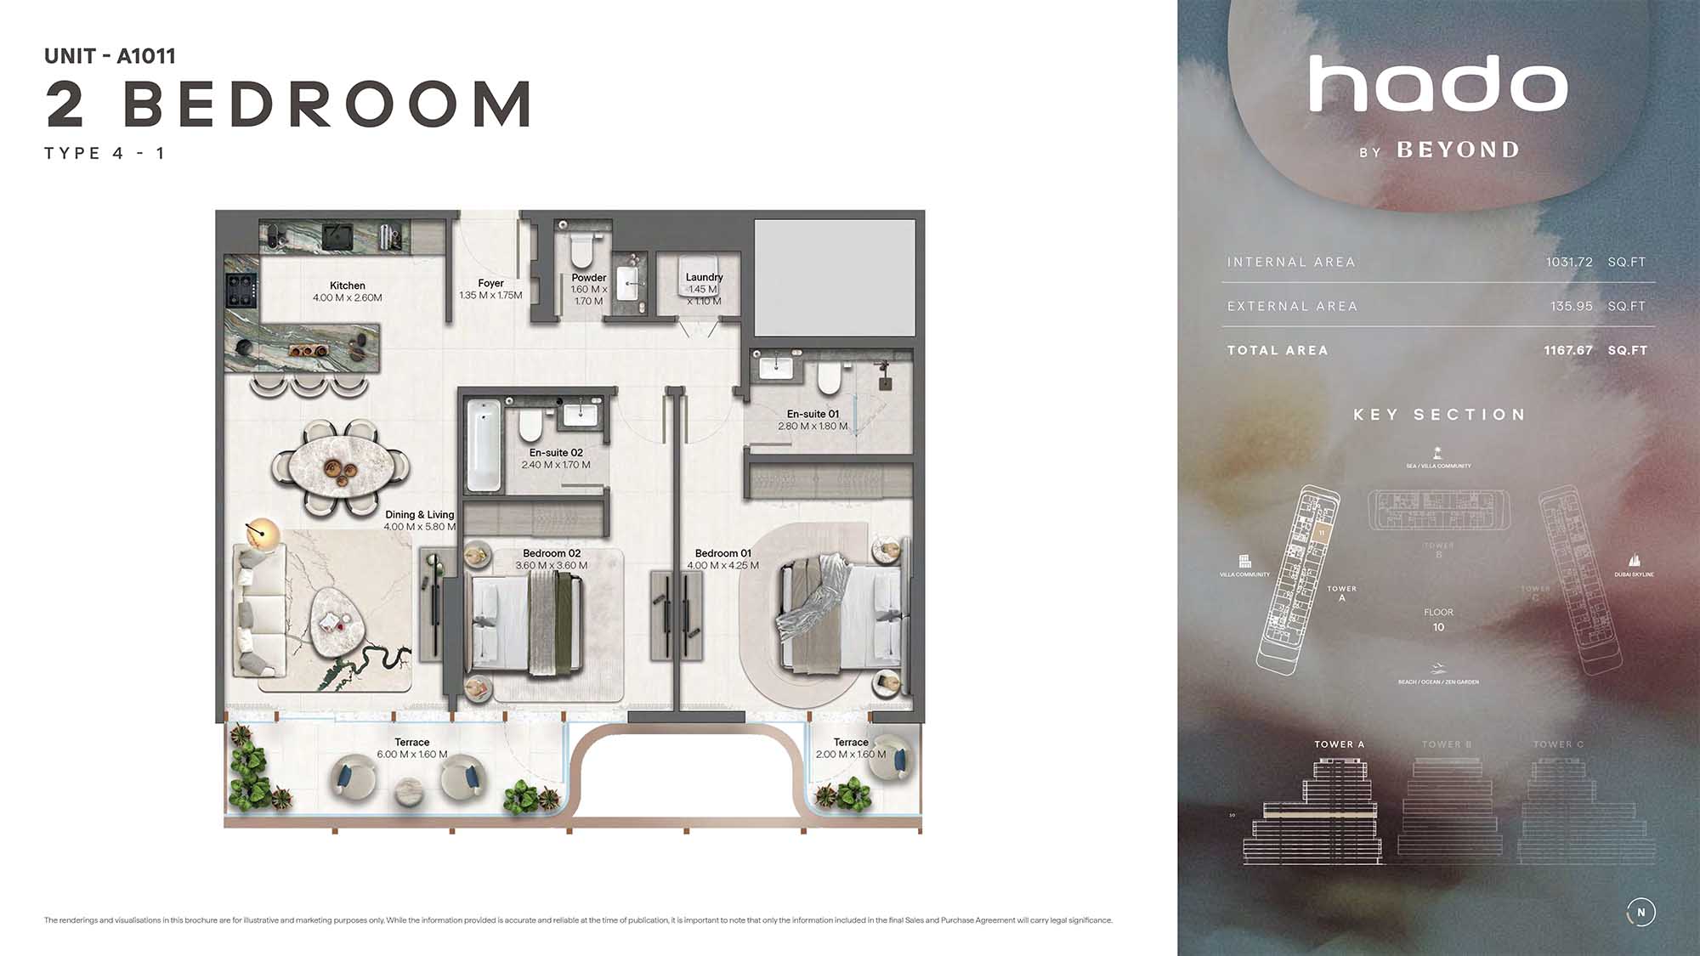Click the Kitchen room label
coord(347,286)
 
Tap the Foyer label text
coord(490,283)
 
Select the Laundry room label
coord(704,277)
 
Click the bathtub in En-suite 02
coord(483,444)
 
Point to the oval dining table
coord(340,467)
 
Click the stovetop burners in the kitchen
coord(241,290)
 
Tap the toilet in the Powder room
coord(581,252)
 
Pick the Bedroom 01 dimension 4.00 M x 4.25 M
coord(722,565)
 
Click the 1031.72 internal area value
coord(1569,262)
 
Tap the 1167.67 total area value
coord(1567,350)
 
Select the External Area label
coord(1292,306)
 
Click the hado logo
coord(1438,85)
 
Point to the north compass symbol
coord(1640,912)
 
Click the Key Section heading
coord(1439,415)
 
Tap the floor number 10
coord(1438,627)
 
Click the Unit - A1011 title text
coord(110,56)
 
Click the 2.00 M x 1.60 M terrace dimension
coord(850,755)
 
